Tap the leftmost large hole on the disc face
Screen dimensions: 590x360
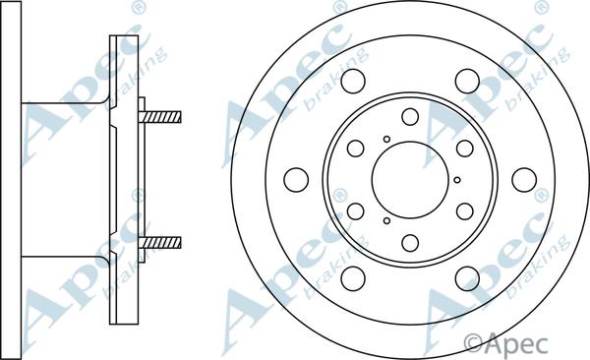click(x=296, y=180)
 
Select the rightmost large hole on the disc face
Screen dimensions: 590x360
click(x=524, y=180)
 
